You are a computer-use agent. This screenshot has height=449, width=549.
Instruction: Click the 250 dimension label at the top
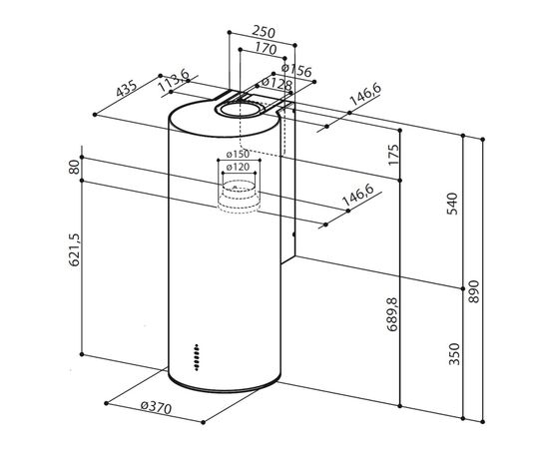click(264, 32)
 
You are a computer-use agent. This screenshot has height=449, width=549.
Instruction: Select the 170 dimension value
click(266, 48)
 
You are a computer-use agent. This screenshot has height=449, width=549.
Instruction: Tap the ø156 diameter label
click(296, 71)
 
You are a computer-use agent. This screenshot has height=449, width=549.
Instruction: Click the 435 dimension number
click(127, 89)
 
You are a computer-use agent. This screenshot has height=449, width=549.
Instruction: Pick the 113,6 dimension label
click(174, 81)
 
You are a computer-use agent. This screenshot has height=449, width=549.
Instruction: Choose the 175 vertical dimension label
click(393, 155)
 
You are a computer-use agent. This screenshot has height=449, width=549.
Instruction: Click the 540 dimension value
click(453, 204)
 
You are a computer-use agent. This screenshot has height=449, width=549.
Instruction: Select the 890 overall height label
click(473, 291)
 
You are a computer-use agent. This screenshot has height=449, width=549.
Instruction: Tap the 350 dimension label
click(454, 354)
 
